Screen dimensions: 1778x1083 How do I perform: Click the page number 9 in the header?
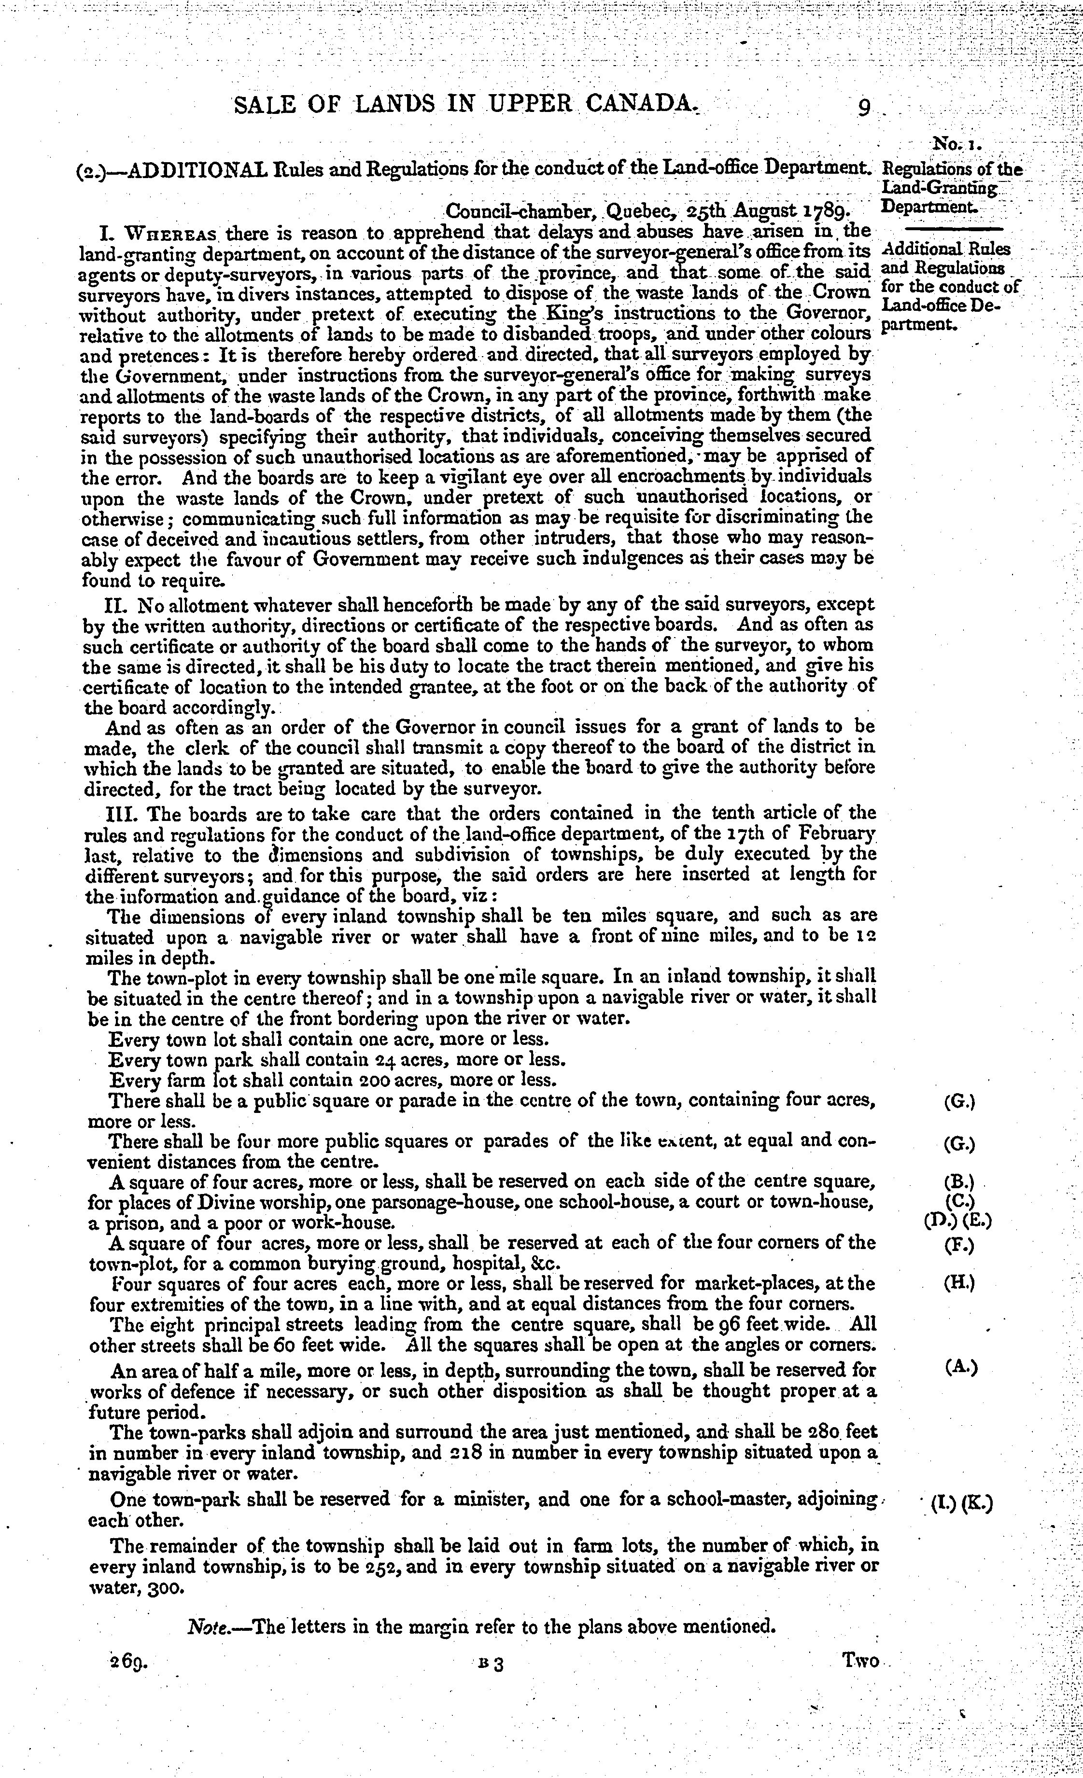863,107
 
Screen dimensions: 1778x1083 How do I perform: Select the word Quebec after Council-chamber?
639,211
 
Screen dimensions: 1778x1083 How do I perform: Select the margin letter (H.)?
959,1283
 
